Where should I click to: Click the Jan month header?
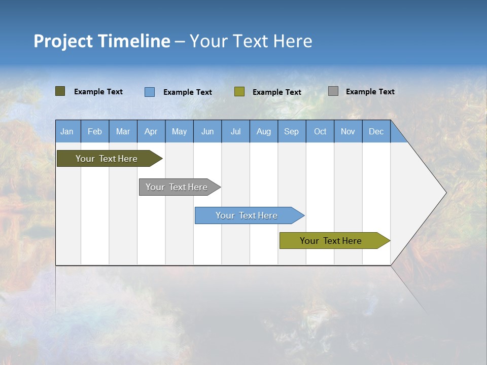pos(67,132)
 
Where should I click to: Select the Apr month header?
pos(151,132)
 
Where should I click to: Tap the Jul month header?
pos(235,132)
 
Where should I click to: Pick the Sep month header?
pos(292,132)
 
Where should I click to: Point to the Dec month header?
pos(376,132)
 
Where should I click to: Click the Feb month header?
pos(95,132)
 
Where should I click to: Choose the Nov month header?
pos(348,132)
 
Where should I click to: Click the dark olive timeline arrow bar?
pos(107,159)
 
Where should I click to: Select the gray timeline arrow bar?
pos(177,187)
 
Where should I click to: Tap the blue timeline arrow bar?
pos(247,215)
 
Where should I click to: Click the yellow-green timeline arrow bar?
pos(331,241)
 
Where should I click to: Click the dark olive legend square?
pos(60,91)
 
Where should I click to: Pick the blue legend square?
pos(150,92)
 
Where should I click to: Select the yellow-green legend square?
pos(239,92)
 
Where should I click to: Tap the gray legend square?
pos(333,91)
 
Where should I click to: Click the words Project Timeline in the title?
pos(101,41)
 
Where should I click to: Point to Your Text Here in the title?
pos(251,41)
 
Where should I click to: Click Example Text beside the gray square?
pos(370,92)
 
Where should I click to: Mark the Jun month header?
pos(207,132)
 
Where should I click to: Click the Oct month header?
pos(320,132)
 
